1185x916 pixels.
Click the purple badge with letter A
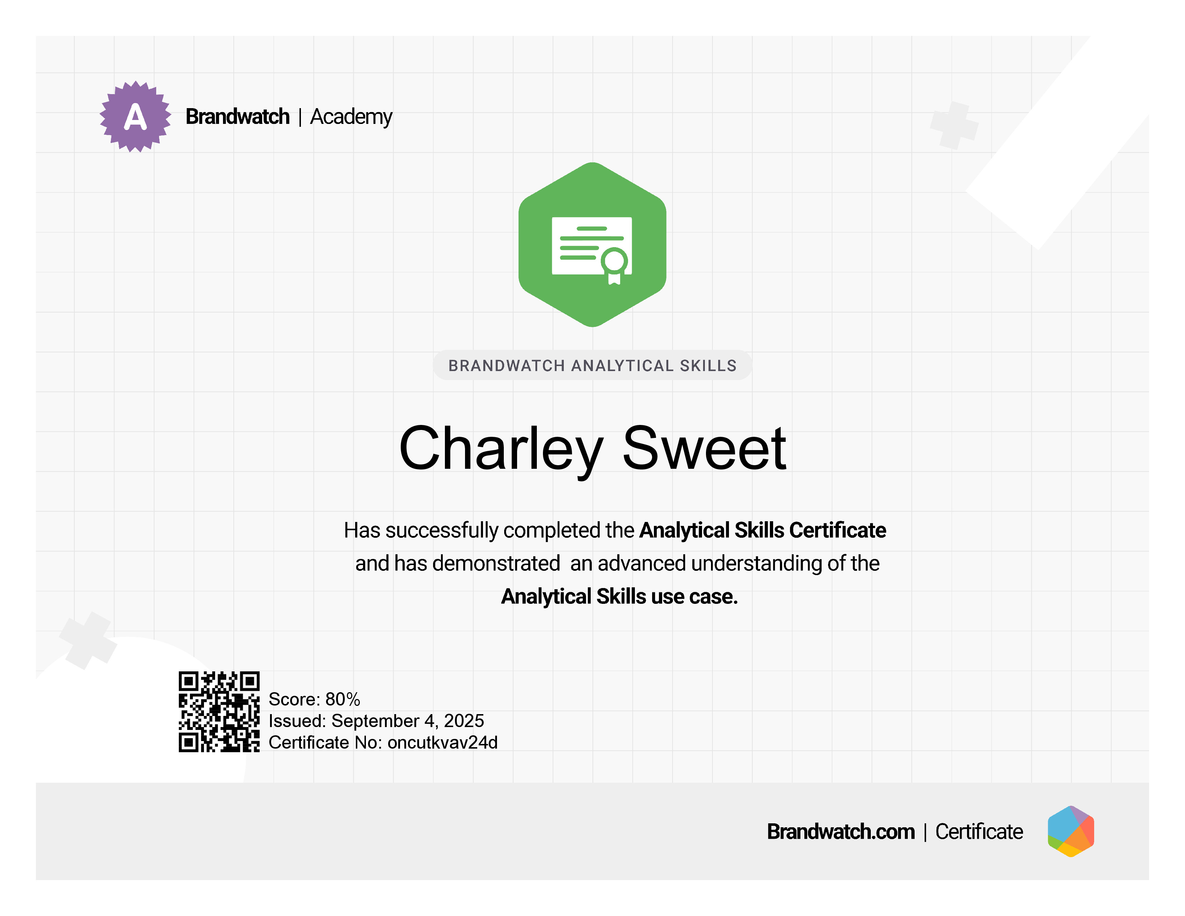135,117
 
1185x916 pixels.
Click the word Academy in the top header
351,117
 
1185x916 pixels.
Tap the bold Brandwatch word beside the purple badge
238,117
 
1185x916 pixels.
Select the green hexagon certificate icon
592,245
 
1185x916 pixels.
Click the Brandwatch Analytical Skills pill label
592,365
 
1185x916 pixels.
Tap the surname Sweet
704,448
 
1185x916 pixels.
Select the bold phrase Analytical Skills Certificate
763,530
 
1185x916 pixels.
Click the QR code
219,711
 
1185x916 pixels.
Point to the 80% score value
343,699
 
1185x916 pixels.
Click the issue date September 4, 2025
408,721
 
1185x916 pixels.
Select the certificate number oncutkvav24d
442,742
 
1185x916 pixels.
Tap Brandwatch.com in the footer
841,831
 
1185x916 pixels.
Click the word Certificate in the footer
979,831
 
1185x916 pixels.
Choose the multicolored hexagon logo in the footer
1070,831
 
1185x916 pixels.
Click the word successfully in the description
442,531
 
